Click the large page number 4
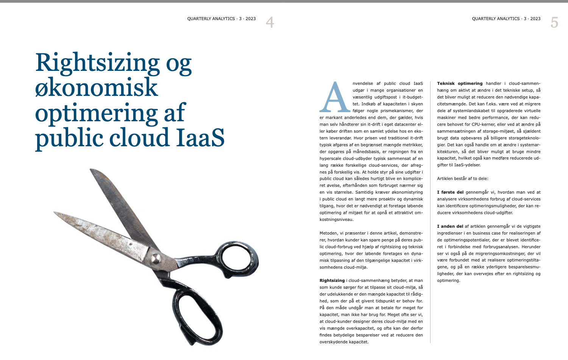(x=270, y=22)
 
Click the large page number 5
(x=554, y=22)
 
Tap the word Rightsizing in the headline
(x=97, y=63)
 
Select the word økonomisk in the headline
(x=96, y=88)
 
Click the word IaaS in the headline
(x=200, y=138)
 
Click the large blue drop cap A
(x=335, y=98)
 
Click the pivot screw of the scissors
(x=156, y=259)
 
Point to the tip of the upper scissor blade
(x=91, y=170)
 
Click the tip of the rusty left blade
(x=55, y=213)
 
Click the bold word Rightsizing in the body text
(x=332, y=281)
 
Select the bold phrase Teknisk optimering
(x=460, y=83)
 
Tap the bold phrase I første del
(x=450, y=193)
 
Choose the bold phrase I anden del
(x=450, y=227)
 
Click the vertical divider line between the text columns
(x=430, y=212)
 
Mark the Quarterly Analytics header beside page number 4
(x=222, y=19)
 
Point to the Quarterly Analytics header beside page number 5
(x=506, y=19)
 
